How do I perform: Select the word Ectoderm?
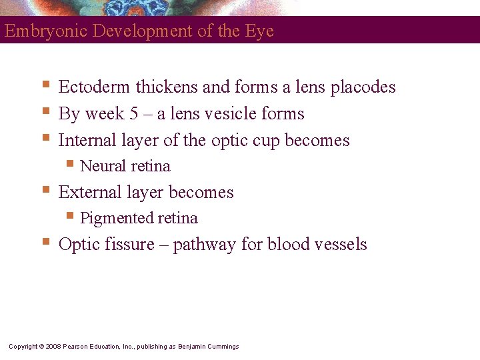[x=95, y=87]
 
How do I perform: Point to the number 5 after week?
[x=135, y=114]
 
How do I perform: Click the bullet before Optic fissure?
[x=46, y=241]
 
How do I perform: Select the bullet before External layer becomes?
[x=46, y=189]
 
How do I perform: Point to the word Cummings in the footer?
[x=222, y=347]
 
